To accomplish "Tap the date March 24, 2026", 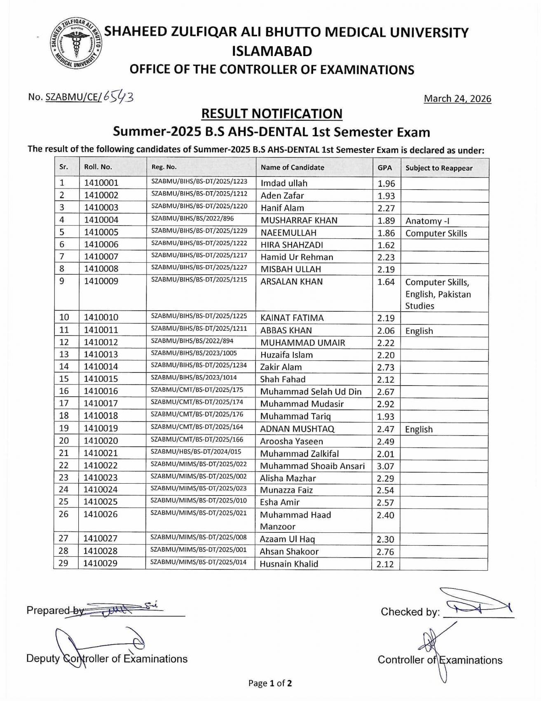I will (x=457, y=99).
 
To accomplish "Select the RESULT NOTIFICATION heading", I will (x=272, y=113).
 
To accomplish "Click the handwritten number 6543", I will (x=118, y=96).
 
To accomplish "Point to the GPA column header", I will (x=385, y=168).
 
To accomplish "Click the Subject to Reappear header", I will (x=439, y=168).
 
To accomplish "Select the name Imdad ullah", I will (x=284, y=183).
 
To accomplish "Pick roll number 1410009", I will (x=101, y=281).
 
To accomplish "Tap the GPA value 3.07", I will (x=386, y=466).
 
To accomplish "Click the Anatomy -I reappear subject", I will (x=427, y=221).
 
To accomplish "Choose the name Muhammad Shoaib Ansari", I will (x=312, y=466).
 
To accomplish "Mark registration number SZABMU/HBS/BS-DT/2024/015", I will (x=196, y=452).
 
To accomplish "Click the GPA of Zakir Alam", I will (x=386, y=367).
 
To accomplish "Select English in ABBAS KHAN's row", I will (x=419, y=331).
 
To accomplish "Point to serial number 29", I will (x=63, y=563).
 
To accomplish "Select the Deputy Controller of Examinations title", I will (x=107, y=659).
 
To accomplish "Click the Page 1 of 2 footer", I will (x=270, y=684).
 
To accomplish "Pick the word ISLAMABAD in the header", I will (x=272, y=51).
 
